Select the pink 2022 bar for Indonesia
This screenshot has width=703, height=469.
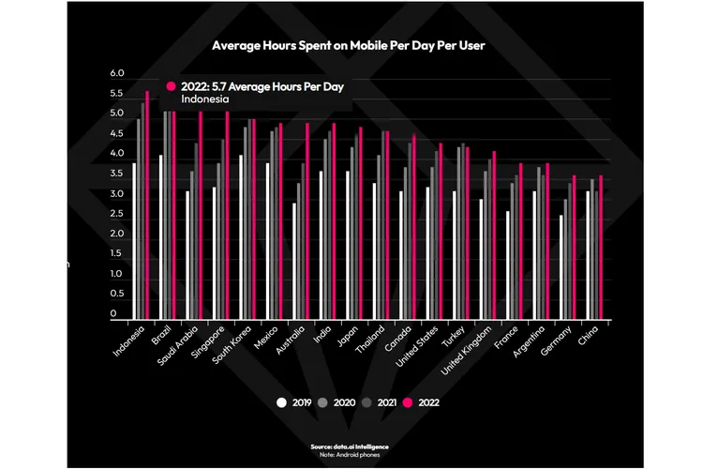pyautogui.click(x=147, y=206)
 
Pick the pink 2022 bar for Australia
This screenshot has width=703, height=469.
pyautogui.click(x=307, y=221)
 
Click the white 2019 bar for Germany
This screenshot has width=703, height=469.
pyautogui.click(x=561, y=267)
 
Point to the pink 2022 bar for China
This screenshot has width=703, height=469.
pyautogui.click(x=601, y=248)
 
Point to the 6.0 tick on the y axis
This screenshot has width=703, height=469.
pyautogui.click(x=117, y=73)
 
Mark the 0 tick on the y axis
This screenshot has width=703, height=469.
pyautogui.click(x=113, y=314)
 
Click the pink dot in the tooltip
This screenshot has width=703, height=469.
pyautogui.click(x=172, y=86)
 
